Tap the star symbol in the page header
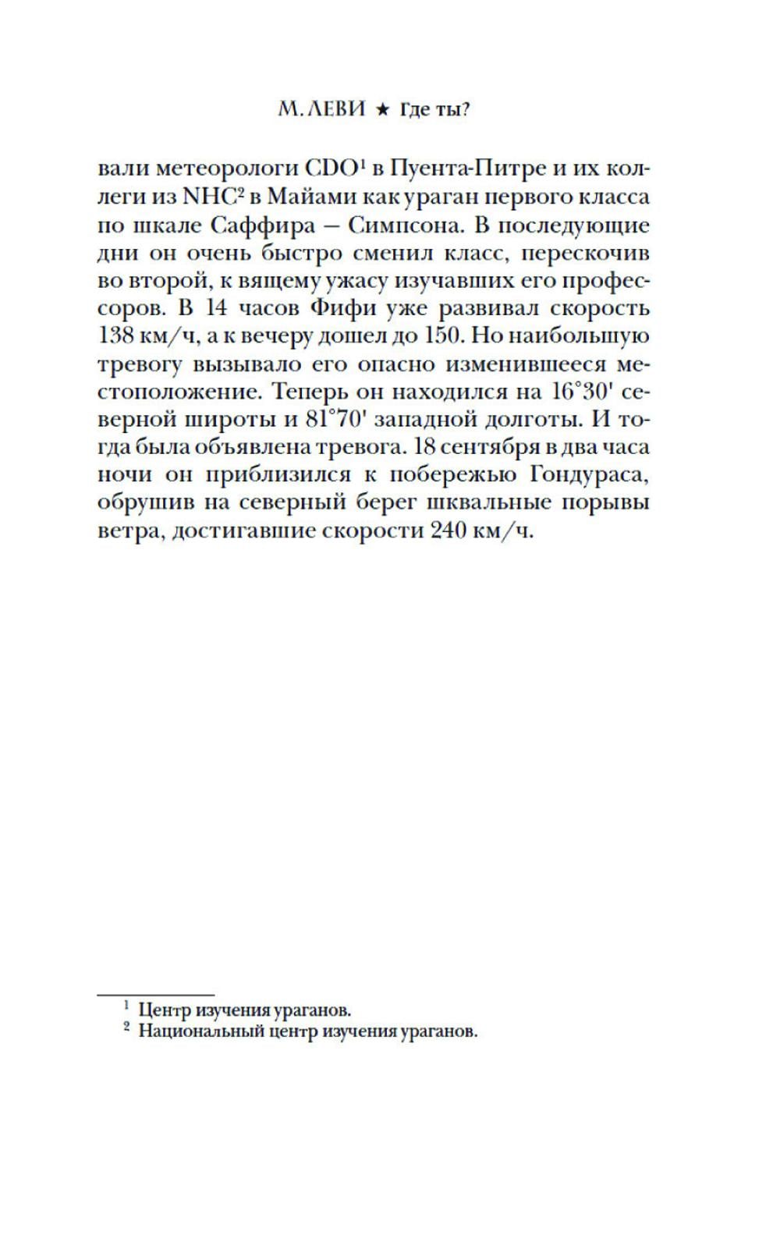[x=382, y=111]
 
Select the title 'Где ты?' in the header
[x=434, y=110]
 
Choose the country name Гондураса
[x=590, y=475]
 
